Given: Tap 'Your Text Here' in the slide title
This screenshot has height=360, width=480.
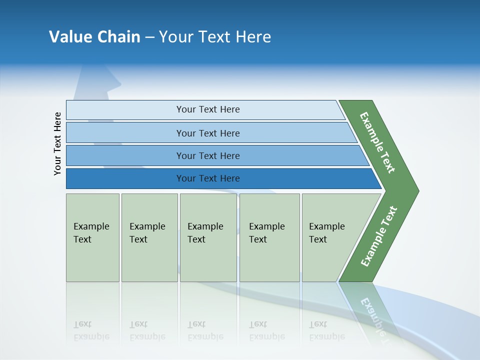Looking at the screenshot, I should tap(215, 37).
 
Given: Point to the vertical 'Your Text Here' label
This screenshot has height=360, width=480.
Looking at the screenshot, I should tap(57, 144).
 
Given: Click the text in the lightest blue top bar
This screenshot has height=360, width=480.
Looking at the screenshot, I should tap(208, 109).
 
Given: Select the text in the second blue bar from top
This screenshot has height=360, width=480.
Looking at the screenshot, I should tap(208, 133).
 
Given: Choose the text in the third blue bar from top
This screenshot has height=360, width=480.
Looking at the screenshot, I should tap(208, 155).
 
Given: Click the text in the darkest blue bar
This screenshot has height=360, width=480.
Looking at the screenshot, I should tap(208, 178).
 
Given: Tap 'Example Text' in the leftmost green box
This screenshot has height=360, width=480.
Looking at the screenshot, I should tap(91, 233).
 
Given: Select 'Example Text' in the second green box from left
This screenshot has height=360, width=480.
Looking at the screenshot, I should tap(147, 233).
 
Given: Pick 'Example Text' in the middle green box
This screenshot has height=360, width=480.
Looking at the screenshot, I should tap(205, 233).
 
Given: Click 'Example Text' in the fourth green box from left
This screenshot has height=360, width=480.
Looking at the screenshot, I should tap(266, 233).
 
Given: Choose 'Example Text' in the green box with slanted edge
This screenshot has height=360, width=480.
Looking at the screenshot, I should tap(326, 233).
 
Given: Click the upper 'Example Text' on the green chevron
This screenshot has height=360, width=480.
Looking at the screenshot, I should tap(377, 142).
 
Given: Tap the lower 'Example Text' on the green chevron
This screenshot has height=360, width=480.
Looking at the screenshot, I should tap(378, 236).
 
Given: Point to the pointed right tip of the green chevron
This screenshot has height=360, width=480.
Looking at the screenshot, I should tap(417, 190).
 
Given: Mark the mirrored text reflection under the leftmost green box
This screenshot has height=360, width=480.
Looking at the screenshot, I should tap(91, 330).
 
